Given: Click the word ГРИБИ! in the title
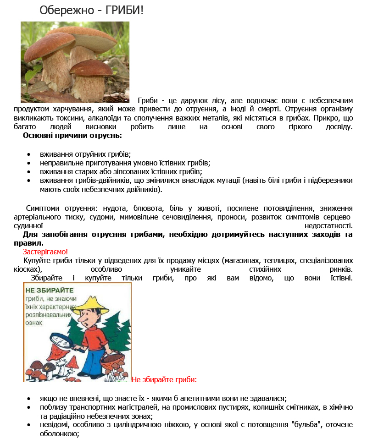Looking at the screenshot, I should [x=125, y=10].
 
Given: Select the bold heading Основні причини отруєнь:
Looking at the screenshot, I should [x=72, y=136].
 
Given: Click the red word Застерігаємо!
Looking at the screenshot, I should [x=45, y=252].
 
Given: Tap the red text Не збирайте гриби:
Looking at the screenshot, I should [x=164, y=379].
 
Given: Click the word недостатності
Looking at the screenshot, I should [x=328, y=226].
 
